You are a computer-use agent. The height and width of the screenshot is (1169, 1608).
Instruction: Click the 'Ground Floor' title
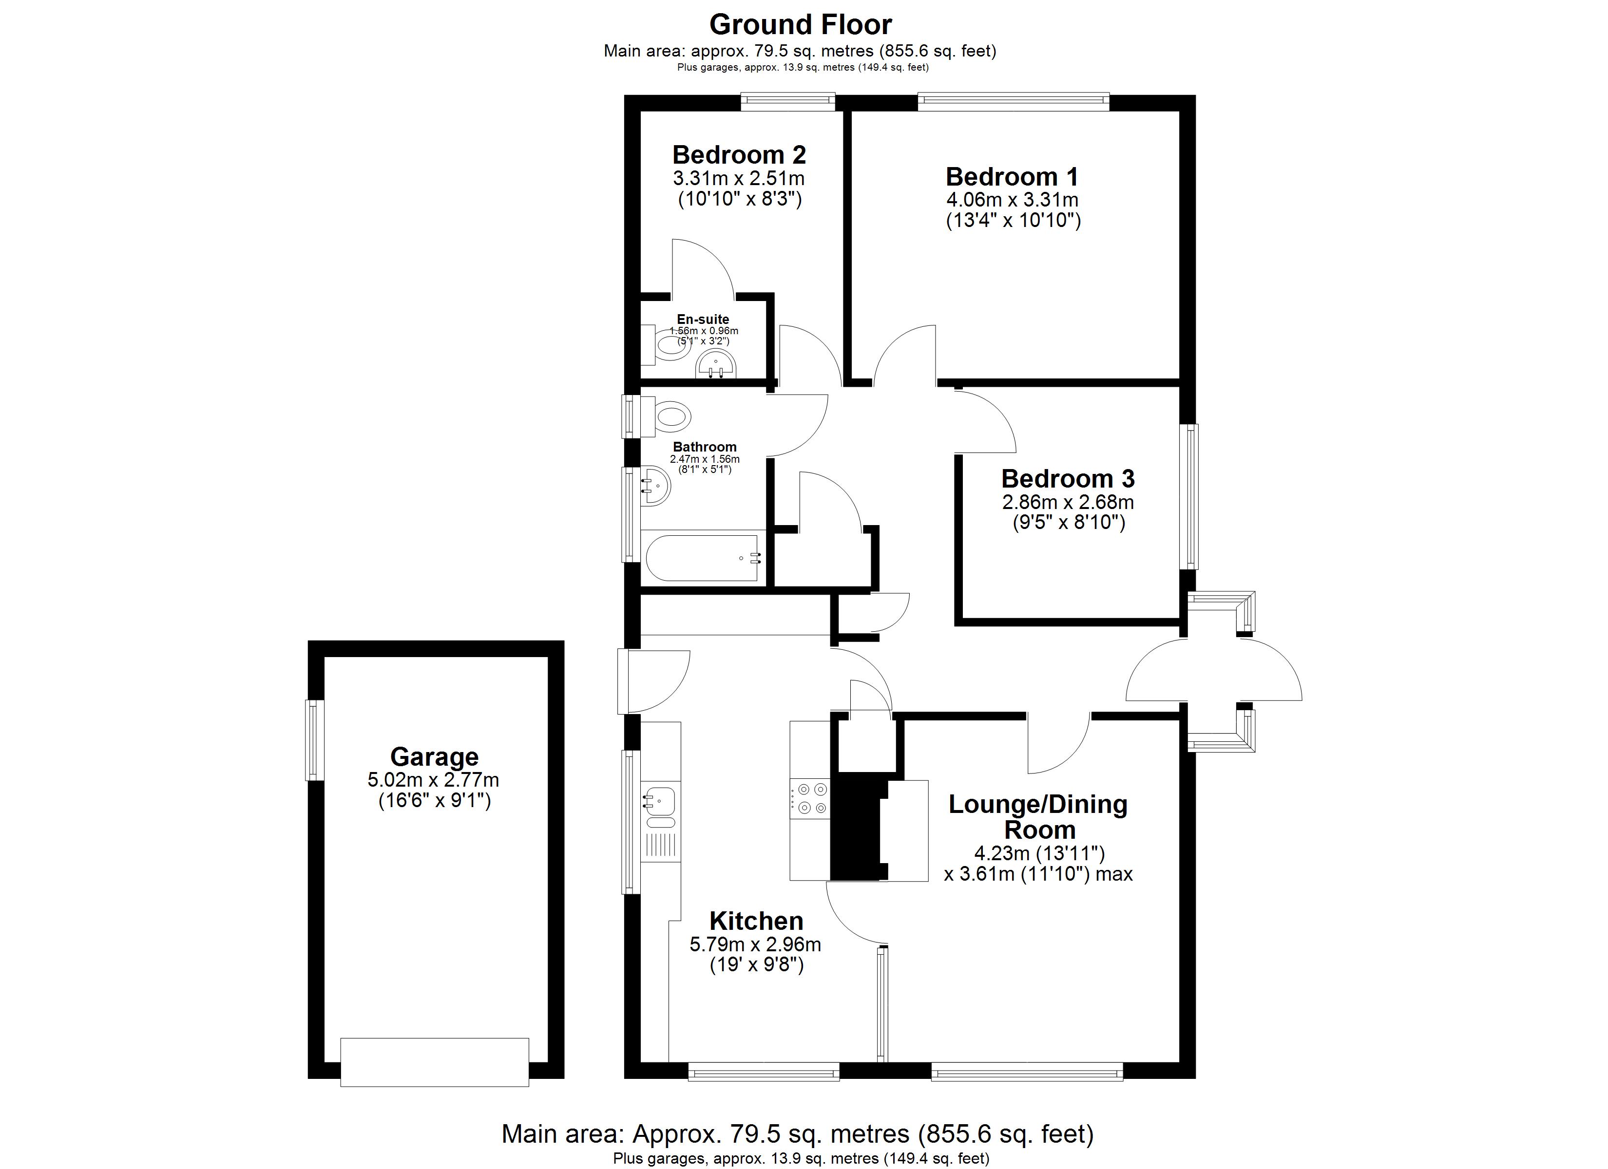[x=801, y=25]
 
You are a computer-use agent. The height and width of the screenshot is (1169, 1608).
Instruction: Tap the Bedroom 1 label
[x=1012, y=176]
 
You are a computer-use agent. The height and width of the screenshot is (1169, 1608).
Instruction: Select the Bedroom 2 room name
[x=739, y=154]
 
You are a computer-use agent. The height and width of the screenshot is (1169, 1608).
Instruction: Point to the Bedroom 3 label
[x=1068, y=478]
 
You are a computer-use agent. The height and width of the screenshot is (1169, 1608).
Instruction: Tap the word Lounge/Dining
[x=1038, y=805]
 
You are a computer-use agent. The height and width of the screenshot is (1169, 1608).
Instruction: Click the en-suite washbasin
[x=716, y=366]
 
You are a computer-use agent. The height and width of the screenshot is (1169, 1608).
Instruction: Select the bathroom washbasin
[x=656, y=486]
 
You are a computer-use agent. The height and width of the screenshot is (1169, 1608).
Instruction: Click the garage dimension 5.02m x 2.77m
[x=433, y=780]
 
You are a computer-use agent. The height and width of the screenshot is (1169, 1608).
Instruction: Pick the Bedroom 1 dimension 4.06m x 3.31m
[x=1012, y=200]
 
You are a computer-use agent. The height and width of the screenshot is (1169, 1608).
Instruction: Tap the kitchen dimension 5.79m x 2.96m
[x=756, y=944]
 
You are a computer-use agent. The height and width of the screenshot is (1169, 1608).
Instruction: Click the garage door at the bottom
[x=435, y=1062]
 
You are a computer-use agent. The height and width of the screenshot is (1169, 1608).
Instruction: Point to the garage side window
[x=315, y=740]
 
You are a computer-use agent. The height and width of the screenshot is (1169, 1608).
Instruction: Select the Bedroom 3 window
[x=1189, y=496]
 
